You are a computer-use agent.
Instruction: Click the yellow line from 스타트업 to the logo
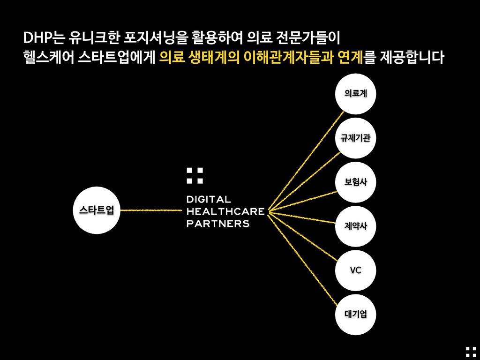tap(150, 210)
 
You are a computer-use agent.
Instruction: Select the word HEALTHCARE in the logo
tap(225, 211)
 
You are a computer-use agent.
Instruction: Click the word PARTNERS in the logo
tap(218, 223)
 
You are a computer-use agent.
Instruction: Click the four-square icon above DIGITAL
tap(195, 175)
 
